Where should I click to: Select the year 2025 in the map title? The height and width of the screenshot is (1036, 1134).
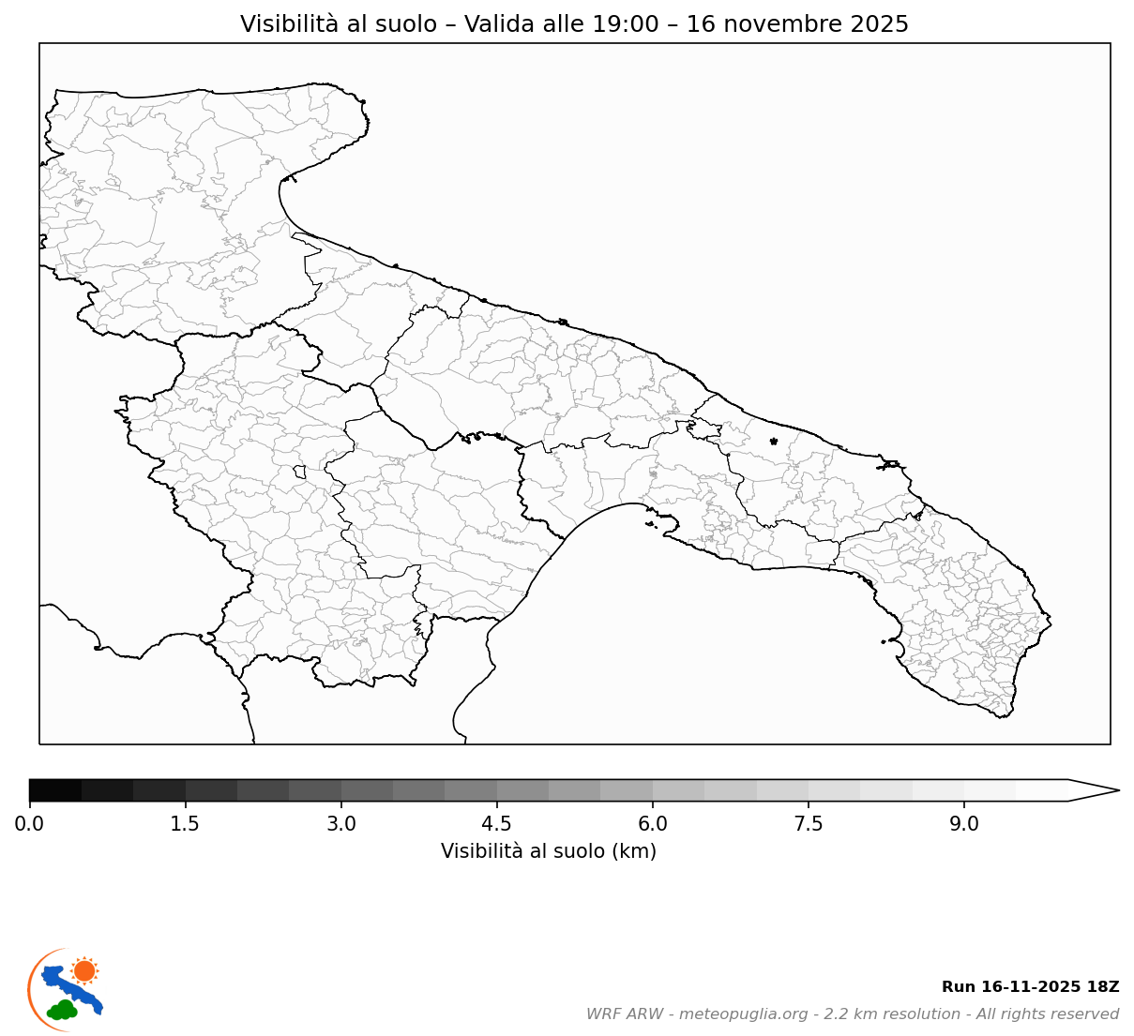pyautogui.click(x=880, y=24)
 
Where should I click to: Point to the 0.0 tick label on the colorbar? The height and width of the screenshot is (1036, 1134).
pyautogui.click(x=29, y=824)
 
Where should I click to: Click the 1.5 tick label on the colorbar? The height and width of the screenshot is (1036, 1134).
pyautogui.click(x=186, y=824)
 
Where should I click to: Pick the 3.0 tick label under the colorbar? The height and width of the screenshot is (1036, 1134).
pyautogui.click(x=341, y=824)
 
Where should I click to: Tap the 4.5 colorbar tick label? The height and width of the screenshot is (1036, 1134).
pyautogui.click(x=497, y=824)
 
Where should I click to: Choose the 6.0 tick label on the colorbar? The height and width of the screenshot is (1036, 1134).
pyautogui.click(x=653, y=824)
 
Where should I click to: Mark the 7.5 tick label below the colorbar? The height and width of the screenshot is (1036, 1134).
pyautogui.click(x=809, y=824)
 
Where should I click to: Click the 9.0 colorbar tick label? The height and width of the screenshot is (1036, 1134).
pyautogui.click(x=964, y=824)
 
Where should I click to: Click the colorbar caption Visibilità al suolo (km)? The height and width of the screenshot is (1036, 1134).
pyautogui.click(x=549, y=851)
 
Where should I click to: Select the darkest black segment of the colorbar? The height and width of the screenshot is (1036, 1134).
pyautogui.click(x=55, y=790)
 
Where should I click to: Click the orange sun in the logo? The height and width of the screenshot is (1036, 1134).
pyautogui.click(x=84, y=970)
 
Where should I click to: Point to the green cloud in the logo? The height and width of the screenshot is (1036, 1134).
pyautogui.click(x=63, y=1011)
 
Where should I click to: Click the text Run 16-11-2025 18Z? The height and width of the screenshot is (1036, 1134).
pyautogui.click(x=1030, y=987)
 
